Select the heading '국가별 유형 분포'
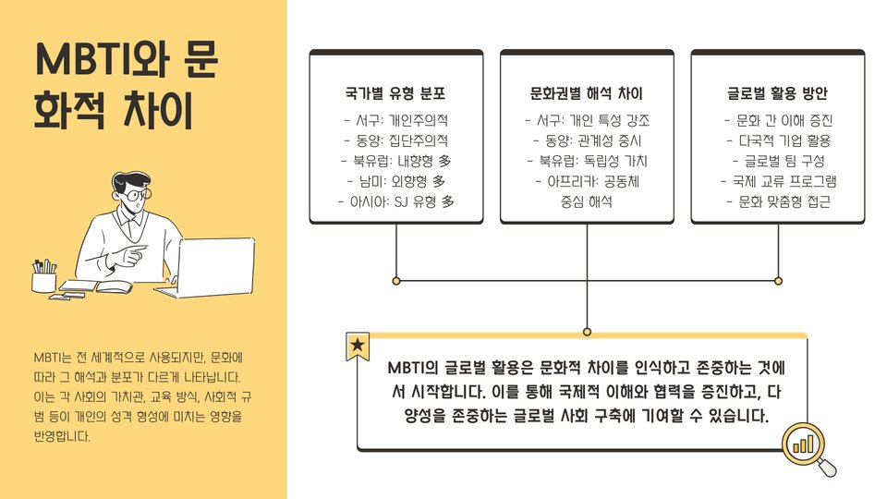tap(395, 94)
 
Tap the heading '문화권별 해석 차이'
tap(587, 94)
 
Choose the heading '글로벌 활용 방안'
tap(778, 94)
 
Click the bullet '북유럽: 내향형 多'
tap(395, 161)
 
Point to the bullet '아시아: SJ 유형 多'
tap(395, 201)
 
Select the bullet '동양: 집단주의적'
tap(395, 140)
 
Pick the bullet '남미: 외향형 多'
tap(395, 181)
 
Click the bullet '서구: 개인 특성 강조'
tap(587, 120)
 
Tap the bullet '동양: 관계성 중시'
tap(587, 140)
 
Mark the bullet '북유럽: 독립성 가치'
tap(587, 161)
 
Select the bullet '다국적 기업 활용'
tap(778, 140)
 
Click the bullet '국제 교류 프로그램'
tap(778, 181)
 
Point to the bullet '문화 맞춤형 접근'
tap(778, 201)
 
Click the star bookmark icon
tap(357, 347)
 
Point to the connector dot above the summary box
tap(587, 331)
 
